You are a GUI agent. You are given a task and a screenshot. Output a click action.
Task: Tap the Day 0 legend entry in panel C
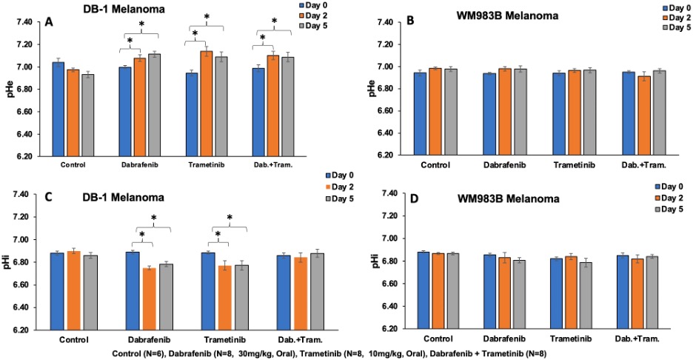(x=344, y=176)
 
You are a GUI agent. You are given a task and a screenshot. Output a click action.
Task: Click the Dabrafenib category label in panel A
(x=138, y=164)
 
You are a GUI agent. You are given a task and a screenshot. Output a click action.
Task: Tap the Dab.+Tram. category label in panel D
(x=632, y=339)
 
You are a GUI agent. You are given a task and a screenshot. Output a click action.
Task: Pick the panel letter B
(x=410, y=22)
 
